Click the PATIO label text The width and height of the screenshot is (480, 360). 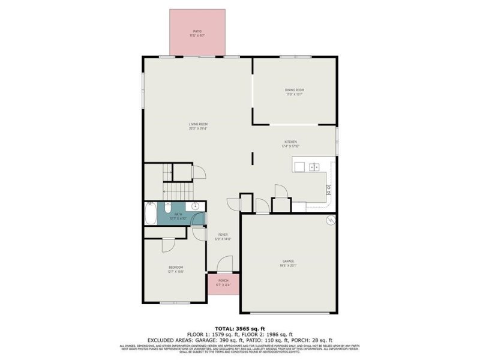pos(197,31)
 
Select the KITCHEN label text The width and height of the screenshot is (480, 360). pos(290,142)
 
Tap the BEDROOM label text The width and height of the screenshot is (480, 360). pos(175,267)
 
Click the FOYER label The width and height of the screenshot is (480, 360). pos(223,235)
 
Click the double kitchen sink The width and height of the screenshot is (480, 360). pos(314,167)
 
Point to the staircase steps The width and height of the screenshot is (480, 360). pos(178,191)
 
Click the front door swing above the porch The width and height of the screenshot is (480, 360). pos(224,264)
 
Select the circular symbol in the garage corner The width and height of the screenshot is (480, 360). pos(329,220)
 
